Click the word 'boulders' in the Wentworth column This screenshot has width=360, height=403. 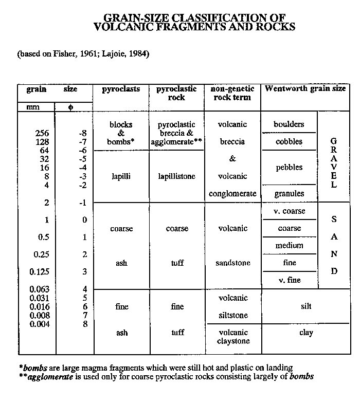click(289, 124)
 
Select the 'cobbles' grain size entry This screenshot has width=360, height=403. click(289, 141)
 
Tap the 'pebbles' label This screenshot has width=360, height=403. click(289, 168)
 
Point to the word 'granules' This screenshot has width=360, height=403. click(289, 194)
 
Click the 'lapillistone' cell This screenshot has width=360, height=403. click(177, 176)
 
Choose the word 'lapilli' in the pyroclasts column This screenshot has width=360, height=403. click(121, 176)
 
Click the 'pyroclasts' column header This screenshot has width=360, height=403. click(121, 89)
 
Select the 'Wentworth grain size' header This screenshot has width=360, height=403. click(305, 89)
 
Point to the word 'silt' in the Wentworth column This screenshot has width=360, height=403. click(306, 306)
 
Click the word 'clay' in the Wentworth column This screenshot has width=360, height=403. click(306, 333)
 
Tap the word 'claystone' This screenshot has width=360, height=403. click(232, 341)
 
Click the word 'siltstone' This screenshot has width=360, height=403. click(232, 315)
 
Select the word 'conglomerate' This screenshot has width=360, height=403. click(232, 194)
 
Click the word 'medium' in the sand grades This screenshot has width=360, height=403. click(289, 246)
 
